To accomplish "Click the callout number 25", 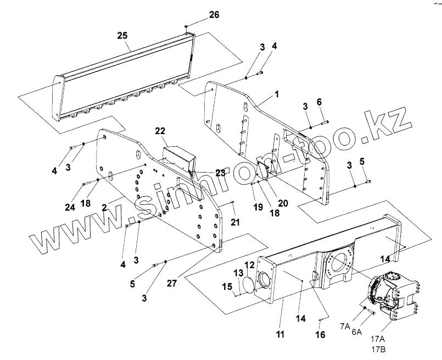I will click(122, 35).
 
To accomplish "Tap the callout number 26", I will click(214, 15).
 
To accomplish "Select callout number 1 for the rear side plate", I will click(277, 94).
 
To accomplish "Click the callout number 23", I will click(220, 172).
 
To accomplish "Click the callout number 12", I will click(250, 265).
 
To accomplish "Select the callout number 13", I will click(239, 273).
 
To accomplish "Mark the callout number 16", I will click(320, 334).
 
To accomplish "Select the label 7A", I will click(344, 326).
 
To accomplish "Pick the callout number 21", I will click(234, 221).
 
